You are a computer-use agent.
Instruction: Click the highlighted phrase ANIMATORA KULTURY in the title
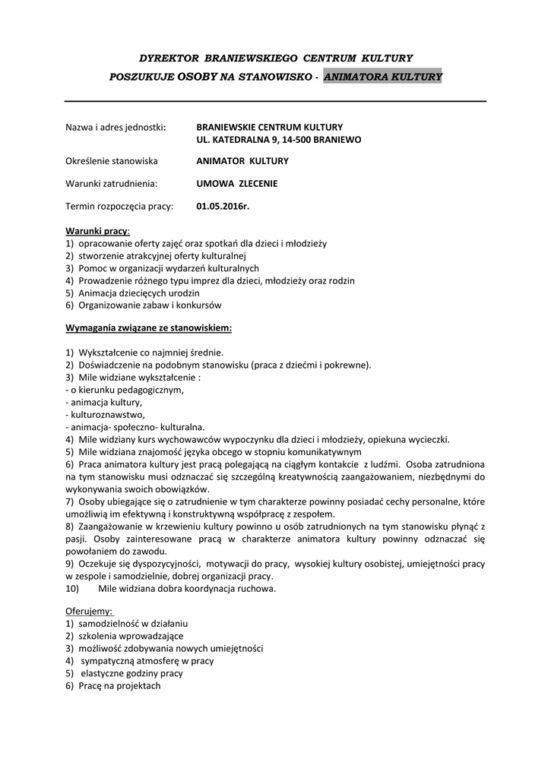click(x=382, y=77)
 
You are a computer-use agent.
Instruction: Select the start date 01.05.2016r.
click(x=223, y=205)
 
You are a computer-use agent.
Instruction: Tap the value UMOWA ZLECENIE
click(x=237, y=183)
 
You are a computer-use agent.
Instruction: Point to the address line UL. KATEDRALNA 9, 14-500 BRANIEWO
click(x=278, y=140)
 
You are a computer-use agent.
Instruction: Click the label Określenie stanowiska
click(x=112, y=161)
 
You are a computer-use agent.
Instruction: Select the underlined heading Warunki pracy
click(x=97, y=230)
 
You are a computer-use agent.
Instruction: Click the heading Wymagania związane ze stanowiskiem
click(x=148, y=328)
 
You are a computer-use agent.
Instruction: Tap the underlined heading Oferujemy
click(x=89, y=610)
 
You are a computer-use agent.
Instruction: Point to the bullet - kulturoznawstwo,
click(x=105, y=414)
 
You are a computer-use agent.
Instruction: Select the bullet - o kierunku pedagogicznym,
click(x=125, y=390)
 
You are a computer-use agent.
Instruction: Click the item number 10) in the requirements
click(x=74, y=587)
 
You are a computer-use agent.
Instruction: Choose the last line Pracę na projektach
click(x=119, y=685)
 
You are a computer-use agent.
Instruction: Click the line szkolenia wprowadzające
click(x=130, y=635)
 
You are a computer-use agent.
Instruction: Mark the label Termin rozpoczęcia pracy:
click(x=119, y=205)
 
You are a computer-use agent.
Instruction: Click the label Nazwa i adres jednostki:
click(x=116, y=127)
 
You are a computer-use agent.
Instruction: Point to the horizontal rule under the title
click(x=275, y=101)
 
